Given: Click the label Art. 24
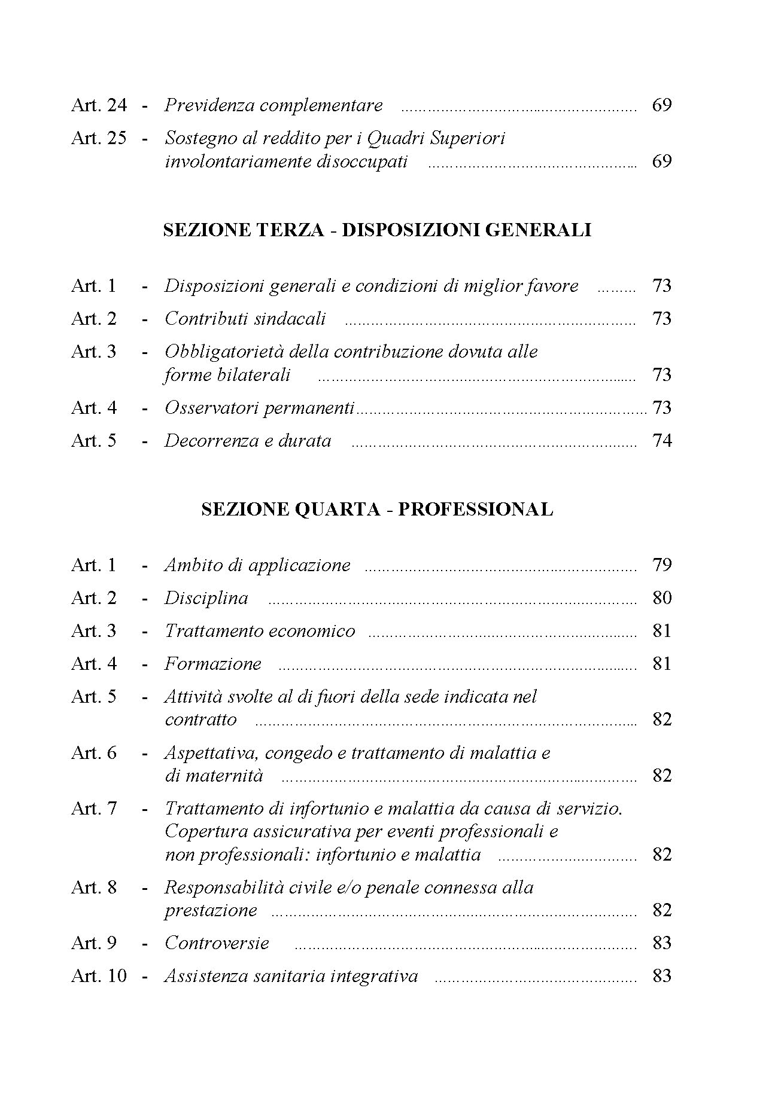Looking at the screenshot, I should click(x=99, y=105).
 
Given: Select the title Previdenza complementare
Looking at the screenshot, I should click(x=273, y=105).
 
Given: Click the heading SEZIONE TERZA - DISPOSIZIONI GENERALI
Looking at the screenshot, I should click(x=377, y=230).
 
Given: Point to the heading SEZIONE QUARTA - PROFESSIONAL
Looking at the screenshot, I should click(x=377, y=510).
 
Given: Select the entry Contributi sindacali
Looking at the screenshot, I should click(x=245, y=319).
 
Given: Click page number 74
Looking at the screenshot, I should click(x=662, y=441).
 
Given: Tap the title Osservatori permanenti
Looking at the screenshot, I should click(x=259, y=408).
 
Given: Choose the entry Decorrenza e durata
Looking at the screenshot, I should click(x=248, y=441).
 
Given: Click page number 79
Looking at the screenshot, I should click(x=662, y=565).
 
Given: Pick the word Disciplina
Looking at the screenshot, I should click(x=206, y=598).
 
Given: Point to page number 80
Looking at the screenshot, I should click(x=662, y=598).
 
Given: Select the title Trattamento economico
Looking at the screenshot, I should click(x=260, y=631).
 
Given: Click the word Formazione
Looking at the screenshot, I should click(x=213, y=664).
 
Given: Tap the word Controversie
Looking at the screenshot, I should click(x=217, y=943).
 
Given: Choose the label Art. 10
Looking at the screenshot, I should click(x=99, y=976).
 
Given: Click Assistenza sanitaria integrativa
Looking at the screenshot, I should click(x=291, y=976).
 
